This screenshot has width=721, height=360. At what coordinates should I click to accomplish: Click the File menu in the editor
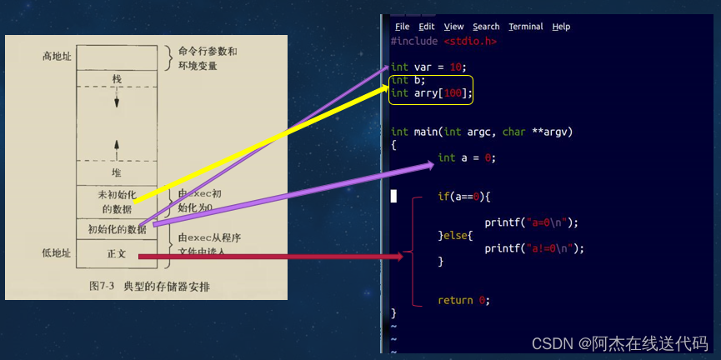click(x=402, y=27)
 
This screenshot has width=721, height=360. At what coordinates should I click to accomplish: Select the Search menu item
click(x=486, y=27)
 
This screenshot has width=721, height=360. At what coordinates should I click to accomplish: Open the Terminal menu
click(x=525, y=27)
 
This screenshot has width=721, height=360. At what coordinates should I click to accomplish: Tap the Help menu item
click(x=561, y=27)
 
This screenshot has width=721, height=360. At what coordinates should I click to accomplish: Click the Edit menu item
click(x=427, y=27)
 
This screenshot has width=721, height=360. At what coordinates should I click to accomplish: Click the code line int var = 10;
click(x=429, y=67)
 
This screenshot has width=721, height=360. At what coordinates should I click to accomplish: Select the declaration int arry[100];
click(x=431, y=93)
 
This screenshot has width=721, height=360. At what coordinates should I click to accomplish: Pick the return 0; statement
click(x=464, y=300)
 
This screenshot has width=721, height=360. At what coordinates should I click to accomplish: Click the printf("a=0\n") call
click(x=531, y=222)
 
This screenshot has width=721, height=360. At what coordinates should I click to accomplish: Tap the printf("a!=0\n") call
click(x=534, y=248)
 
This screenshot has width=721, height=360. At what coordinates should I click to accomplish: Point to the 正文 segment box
click(x=117, y=253)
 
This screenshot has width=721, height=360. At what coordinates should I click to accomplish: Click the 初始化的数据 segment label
click(x=117, y=228)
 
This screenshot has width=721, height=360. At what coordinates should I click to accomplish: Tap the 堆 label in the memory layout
click(x=117, y=172)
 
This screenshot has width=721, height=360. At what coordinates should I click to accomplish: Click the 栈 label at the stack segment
click(x=117, y=78)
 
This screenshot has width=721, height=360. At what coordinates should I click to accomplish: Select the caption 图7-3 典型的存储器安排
click(x=150, y=286)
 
